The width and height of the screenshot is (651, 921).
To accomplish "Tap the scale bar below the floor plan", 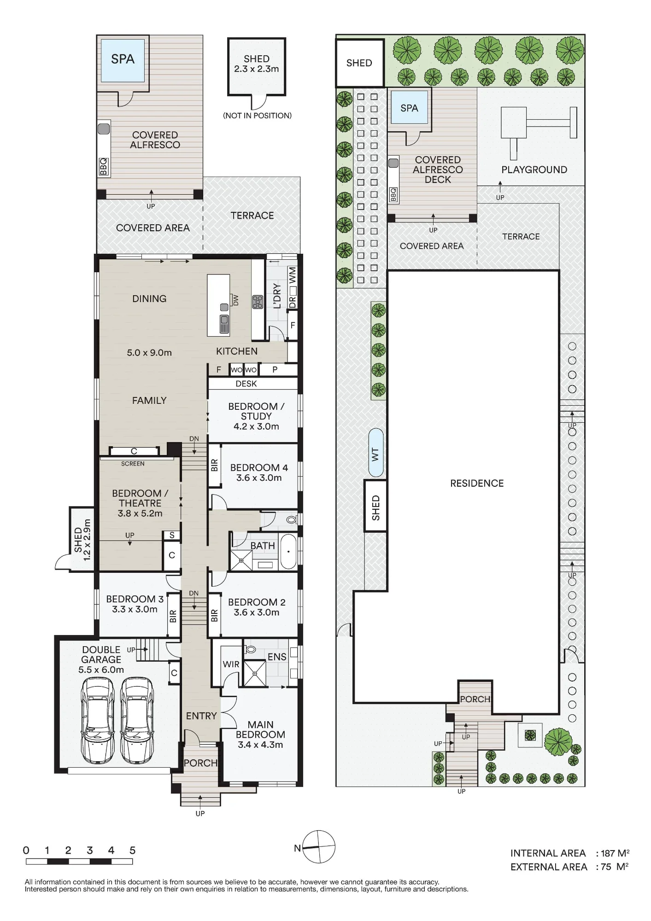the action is tap(79, 861).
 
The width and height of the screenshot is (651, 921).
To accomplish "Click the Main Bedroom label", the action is tap(260, 734).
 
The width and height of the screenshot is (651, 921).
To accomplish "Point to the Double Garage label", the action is tap(101, 659).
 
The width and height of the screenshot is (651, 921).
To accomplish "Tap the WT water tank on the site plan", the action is tap(376, 453).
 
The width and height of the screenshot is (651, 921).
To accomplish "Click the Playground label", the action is tap(534, 169).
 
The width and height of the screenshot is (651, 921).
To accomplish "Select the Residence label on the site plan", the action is tap(477, 483).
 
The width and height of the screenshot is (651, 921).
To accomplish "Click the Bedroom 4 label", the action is tap(259, 472).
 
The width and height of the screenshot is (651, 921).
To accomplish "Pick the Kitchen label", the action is tap(237, 351).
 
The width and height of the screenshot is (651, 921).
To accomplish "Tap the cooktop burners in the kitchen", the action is tap(257, 302).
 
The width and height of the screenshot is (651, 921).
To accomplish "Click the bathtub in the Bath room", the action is tap(289, 552).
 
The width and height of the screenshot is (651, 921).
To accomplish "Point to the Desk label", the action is tap(246, 384).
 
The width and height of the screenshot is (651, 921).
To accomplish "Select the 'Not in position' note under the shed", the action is tap(257, 116).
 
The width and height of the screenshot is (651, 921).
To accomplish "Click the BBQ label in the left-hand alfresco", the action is tap(103, 167).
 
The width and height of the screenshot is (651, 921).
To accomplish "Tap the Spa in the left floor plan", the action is tap(123, 60).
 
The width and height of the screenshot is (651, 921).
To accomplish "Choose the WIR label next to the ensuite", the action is tap(231, 664).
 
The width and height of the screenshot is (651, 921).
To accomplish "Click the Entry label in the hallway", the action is tap(201, 716).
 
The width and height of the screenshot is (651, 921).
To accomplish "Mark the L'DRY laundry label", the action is tap(277, 296).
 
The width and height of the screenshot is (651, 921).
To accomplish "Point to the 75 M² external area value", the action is tap(615, 867).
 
